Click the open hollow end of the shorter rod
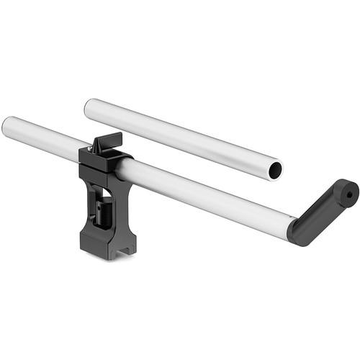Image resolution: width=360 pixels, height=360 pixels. coord(274,170)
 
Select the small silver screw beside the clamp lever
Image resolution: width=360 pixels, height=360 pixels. coord(89,149)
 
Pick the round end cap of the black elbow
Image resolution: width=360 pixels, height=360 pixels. coord(346,192)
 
